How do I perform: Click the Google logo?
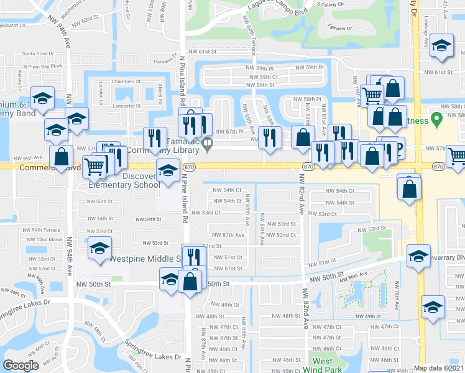coord(21,366)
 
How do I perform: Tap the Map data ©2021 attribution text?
coord(439,368)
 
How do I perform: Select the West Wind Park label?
coord(322,365)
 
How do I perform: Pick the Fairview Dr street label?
coord(339,28)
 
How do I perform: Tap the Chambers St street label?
coord(122,81)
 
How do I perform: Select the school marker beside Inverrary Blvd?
coord(418,255)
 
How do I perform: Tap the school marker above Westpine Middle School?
coord(99,247)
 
